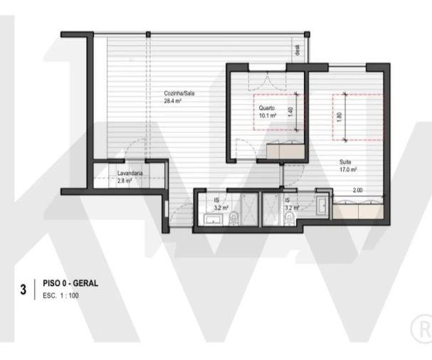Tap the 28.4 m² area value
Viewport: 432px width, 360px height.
[172, 102]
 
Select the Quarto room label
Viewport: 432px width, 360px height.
[266, 108]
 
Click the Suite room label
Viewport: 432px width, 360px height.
[345, 162]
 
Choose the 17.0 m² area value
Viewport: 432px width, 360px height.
[347, 169]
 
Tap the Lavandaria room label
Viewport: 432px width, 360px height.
[130, 174]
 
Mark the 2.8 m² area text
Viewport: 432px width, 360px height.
[125, 181]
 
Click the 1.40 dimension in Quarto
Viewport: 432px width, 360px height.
[290, 112]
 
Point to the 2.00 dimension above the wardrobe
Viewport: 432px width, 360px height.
[357, 191]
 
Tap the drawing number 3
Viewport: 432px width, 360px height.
[23, 290]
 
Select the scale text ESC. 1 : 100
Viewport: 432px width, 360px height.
[61, 295]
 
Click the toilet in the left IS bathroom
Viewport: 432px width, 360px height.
[235, 222]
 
